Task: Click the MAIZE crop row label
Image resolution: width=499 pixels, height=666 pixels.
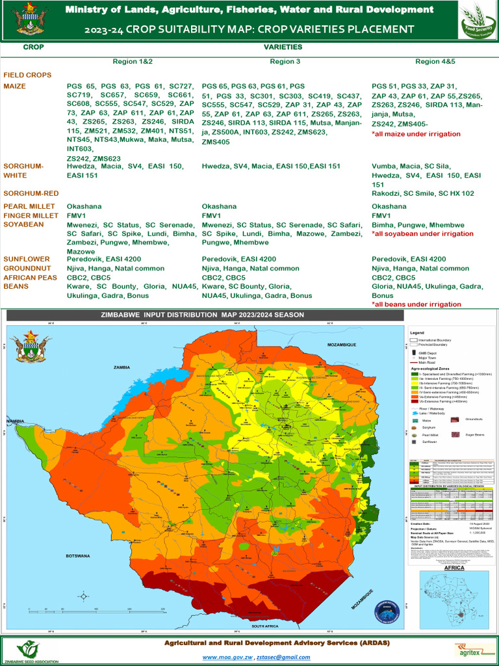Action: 14,86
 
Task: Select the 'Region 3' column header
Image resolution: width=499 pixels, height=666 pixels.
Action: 285,61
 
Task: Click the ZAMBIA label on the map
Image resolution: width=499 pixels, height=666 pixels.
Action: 122,367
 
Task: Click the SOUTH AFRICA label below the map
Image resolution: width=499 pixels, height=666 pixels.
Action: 265,626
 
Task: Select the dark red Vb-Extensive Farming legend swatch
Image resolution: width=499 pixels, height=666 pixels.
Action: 414,403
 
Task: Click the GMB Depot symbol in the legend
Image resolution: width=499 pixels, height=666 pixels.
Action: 414,352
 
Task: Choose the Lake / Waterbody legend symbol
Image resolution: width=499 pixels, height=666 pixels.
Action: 414,413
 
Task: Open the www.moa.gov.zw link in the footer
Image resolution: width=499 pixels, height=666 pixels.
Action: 227,658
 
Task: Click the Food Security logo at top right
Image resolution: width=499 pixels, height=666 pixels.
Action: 476,20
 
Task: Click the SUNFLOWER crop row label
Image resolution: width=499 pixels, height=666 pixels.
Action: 24,259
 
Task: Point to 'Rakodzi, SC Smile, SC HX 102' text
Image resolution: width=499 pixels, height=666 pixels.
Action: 422,193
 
